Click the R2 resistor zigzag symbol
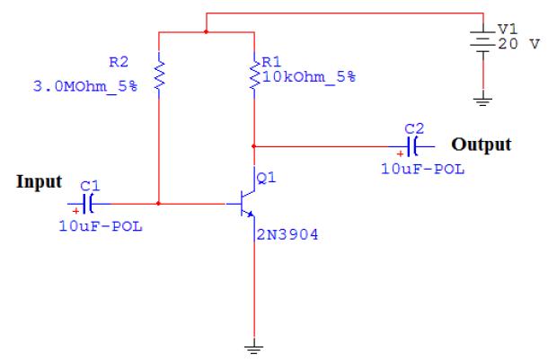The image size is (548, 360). coord(158,76)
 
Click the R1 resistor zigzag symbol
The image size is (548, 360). coord(256,76)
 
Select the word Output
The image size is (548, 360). coord(481,145)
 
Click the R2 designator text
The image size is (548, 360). coord(118,63)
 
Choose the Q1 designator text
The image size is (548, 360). coord(267,178)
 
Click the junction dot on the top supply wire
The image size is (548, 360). coord(207,31)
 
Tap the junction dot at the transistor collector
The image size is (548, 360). coord(256,145)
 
